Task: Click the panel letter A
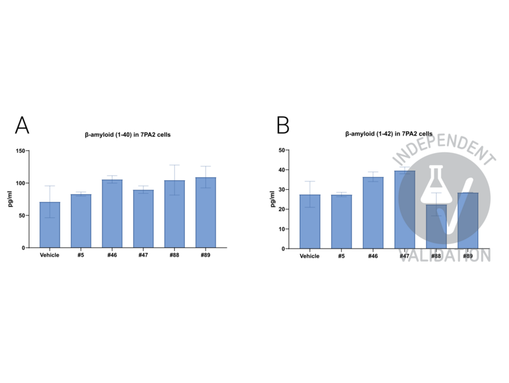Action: pyautogui.click(x=22, y=126)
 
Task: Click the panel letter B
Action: pyautogui.click(x=283, y=126)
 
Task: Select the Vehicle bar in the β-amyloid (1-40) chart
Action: pyautogui.click(x=50, y=225)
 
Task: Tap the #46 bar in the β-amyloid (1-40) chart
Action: pyautogui.click(x=112, y=213)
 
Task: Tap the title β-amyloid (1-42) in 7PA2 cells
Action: pyautogui.click(x=388, y=134)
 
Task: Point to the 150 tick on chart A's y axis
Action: pyautogui.click(x=23, y=151)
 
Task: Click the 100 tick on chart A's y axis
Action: pyautogui.click(x=23, y=183)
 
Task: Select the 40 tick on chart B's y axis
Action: pyautogui.click(x=285, y=170)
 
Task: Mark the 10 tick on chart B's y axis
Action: pyautogui.click(x=285, y=229)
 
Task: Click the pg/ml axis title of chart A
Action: pyautogui.click(x=10, y=200)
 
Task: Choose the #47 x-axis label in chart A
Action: pyautogui.click(x=143, y=256)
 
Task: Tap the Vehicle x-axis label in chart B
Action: pyautogui.click(x=310, y=256)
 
